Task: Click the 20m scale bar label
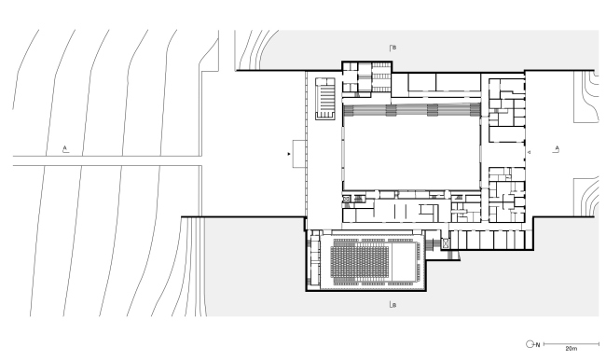(571, 349)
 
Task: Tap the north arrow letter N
(538, 344)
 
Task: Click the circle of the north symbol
(530, 344)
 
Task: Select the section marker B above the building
(393, 48)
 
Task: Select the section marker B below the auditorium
(393, 305)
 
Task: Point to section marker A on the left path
(65, 149)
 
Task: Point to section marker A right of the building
(557, 149)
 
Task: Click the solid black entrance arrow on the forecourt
(289, 154)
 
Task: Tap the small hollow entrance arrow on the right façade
(530, 152)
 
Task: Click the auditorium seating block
(360, 262)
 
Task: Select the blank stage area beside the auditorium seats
(403, 262)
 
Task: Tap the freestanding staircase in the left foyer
(325, 99)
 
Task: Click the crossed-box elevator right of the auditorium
(446, 243)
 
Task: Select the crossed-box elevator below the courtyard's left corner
(346, 199)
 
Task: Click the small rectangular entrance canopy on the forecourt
(299, 154)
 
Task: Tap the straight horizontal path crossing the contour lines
(107, 160)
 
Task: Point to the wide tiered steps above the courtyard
(411, 110)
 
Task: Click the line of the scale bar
(572, 344)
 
